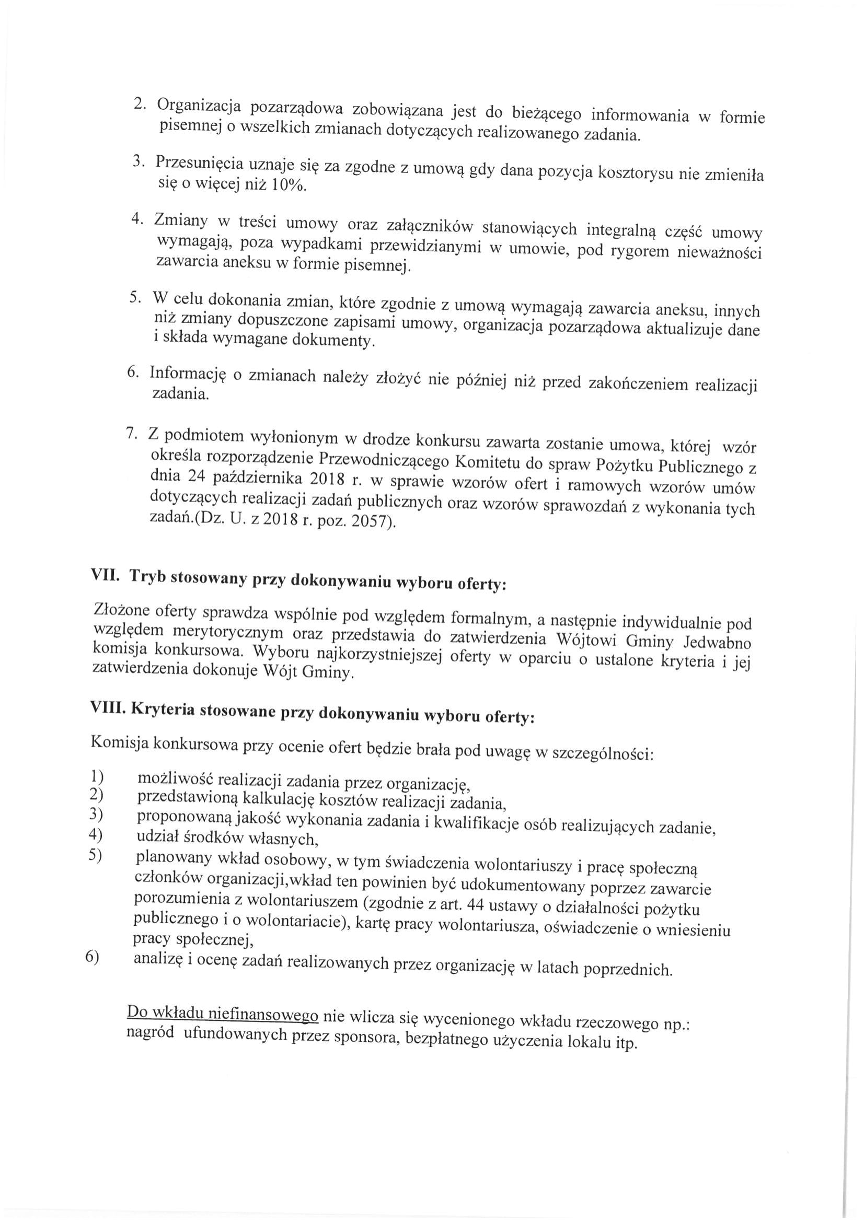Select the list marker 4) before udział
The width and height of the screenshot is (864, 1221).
pyautogui.click(x=95, y=835)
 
